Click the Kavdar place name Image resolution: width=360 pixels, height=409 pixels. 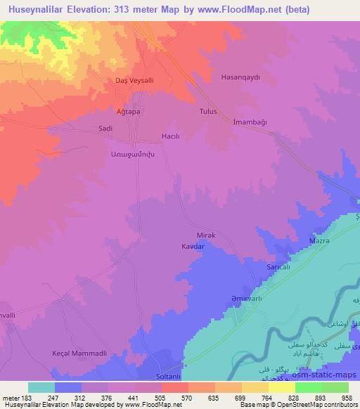tap(193, 247)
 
